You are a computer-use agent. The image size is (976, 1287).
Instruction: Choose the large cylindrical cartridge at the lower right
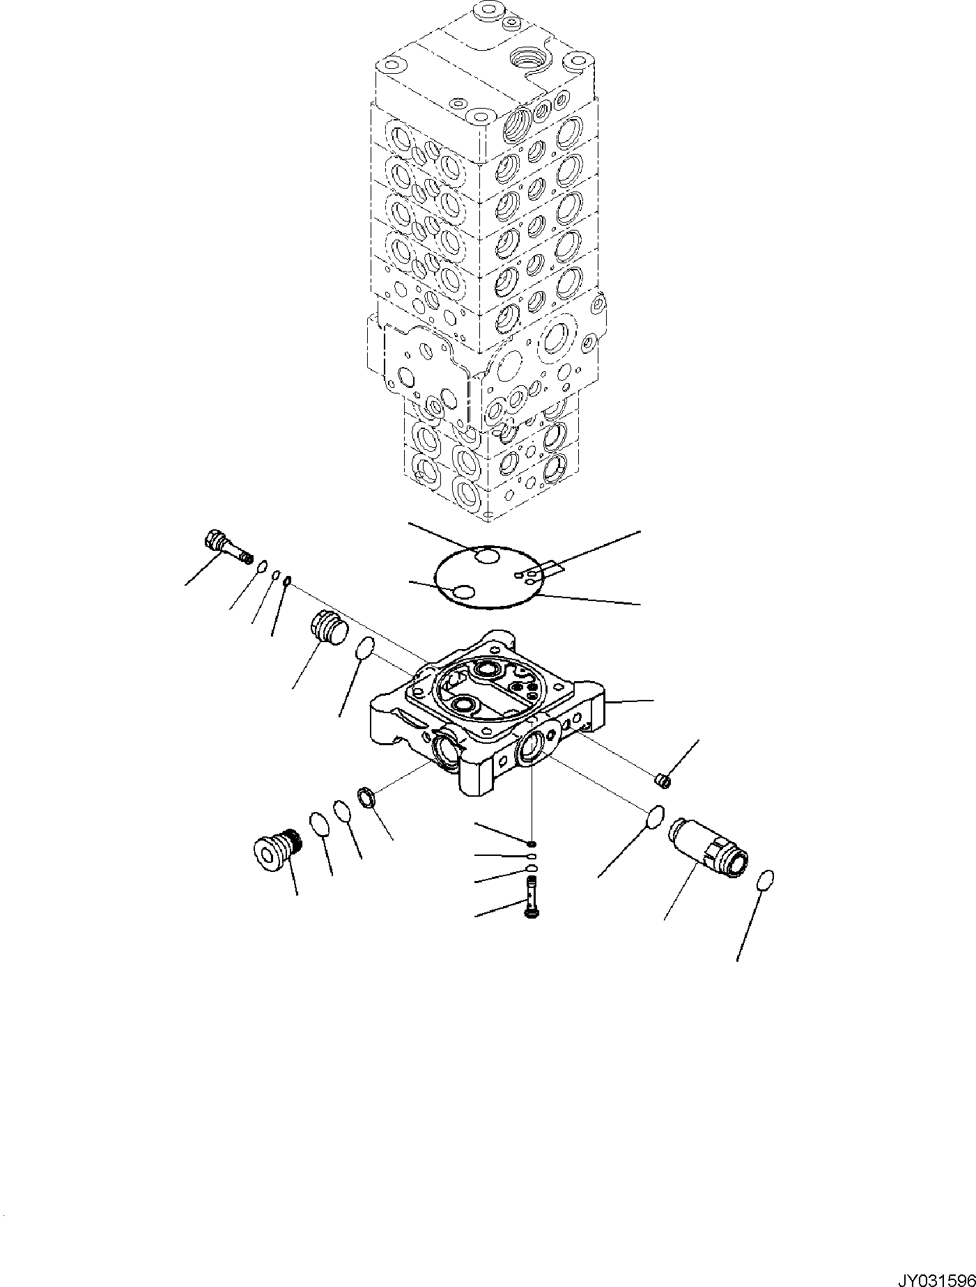(x=707, y=847)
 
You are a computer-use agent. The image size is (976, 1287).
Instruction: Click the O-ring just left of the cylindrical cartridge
(x=655, y=817)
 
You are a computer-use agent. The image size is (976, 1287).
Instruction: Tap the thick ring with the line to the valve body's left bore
(x=368, y=797)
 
